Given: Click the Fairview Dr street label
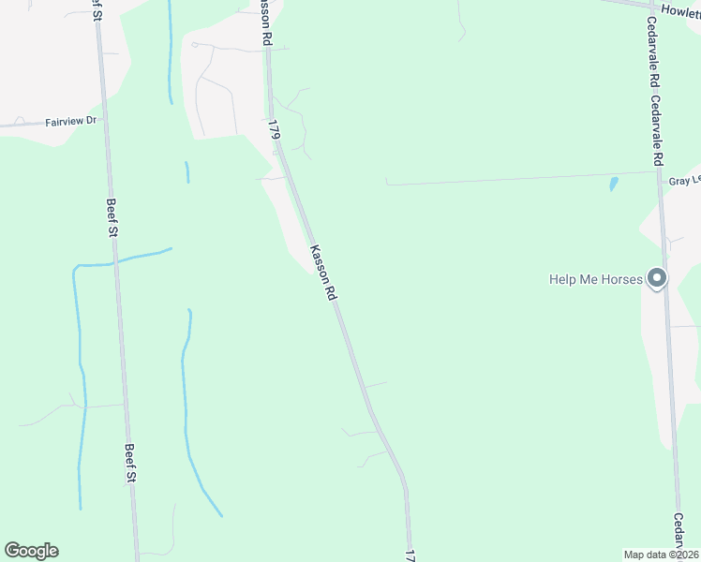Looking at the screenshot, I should pyautogui.click(x=70, y=122).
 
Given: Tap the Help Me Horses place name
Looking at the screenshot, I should pyautogui.click(x=596, y=279).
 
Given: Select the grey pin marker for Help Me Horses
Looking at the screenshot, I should pyautogui.click(x=658, y=277).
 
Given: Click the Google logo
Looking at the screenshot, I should pyautogui.click(x=31, y=551).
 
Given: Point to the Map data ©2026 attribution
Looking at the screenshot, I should pyautogui.click(x=662, y=555).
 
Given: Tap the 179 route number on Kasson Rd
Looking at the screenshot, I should pyautogui.click(x=274, y=130).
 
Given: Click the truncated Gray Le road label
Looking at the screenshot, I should pyautogui.click(x=684, y=180).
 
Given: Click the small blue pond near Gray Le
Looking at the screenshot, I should pyautogui.click(x=614, y=184).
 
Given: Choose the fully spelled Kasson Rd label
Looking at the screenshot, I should pyautogui.click(x=322, y=272).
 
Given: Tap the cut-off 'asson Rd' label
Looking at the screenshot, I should pyautogui.click(x=265, y=23).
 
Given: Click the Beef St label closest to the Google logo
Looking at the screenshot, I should pyautogui.click(x=132, y=464).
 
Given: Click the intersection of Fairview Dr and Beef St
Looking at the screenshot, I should pyautogui.click(x=101, y=120).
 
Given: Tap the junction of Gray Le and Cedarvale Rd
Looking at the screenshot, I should pyautogui.click(x=660, y=171).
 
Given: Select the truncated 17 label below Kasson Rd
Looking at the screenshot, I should pyautogui.click(x=410, y=555).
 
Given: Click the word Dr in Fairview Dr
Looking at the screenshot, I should pyautogui.click(x=91, y=121).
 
